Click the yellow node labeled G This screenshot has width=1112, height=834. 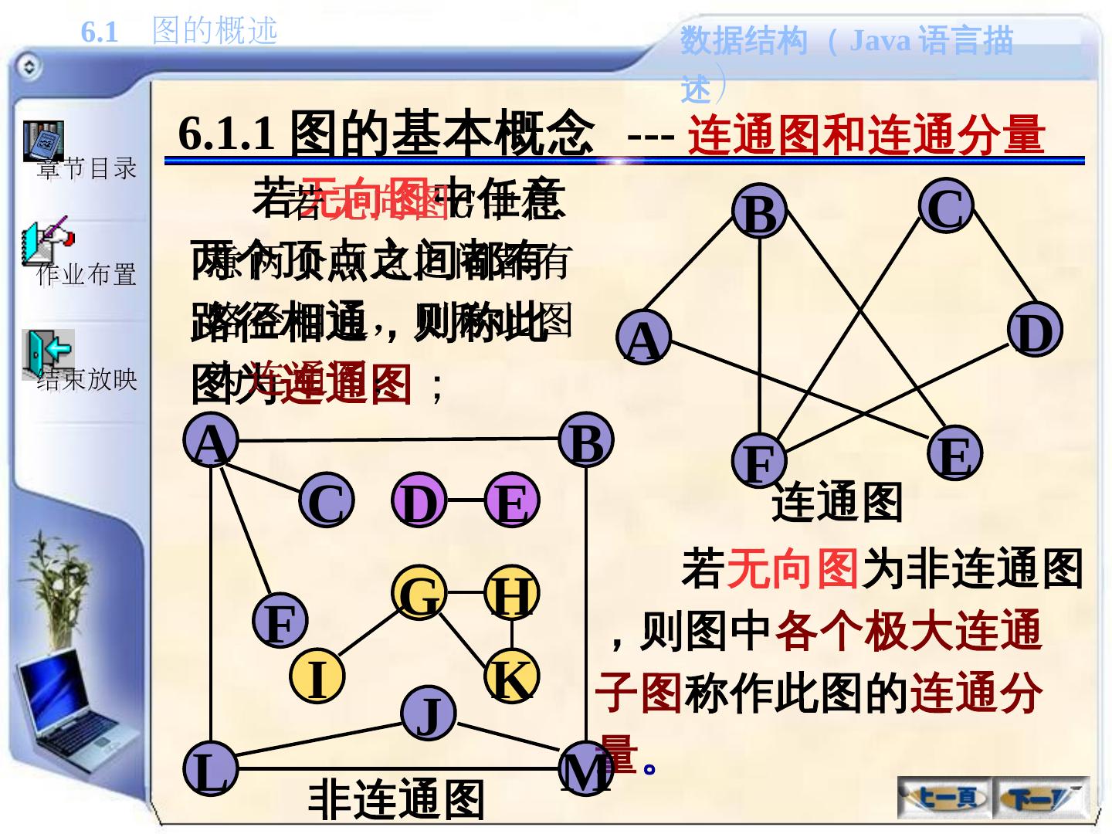[419, 594]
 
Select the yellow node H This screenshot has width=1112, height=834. [511, 594]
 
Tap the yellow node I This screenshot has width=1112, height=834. [317, 676]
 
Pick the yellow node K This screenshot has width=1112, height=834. [510, 676]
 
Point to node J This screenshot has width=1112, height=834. [429, 714]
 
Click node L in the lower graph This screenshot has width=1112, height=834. [210, 770]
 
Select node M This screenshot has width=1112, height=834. [585, 770]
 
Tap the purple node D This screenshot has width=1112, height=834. [419, 500]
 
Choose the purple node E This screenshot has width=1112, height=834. [511, 500]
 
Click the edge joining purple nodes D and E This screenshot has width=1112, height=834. [465, 500]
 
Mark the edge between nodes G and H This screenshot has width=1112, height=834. [465, 593]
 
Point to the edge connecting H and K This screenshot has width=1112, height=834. [511, 636]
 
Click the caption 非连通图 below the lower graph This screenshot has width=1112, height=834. [396, 800]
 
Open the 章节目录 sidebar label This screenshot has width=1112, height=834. [86, 168]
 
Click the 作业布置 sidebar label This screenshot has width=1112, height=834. [86, 274]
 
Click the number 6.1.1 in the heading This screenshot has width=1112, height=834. [226, 134]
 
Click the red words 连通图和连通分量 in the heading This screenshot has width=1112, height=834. [866, 135]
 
